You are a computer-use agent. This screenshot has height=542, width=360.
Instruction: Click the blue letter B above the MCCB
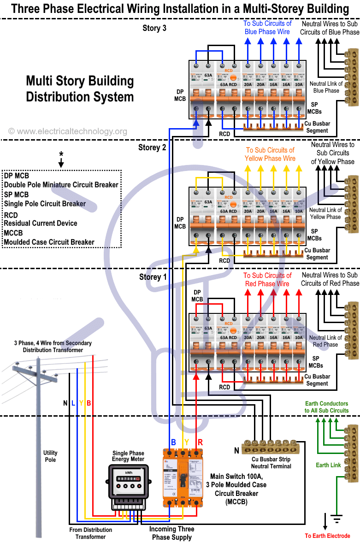[173, 442]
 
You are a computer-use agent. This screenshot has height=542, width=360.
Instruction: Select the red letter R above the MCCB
[200, 442]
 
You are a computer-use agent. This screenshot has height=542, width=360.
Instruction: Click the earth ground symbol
[337, 520]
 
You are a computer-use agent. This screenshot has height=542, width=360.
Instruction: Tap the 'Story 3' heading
[154, 28]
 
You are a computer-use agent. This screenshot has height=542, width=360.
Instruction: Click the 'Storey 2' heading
[152, 147]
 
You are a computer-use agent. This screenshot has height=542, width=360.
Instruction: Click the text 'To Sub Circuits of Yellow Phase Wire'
[270, 154]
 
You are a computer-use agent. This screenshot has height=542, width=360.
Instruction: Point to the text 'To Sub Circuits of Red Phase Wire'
[267, 280]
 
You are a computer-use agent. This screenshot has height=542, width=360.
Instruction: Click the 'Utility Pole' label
[50, 456]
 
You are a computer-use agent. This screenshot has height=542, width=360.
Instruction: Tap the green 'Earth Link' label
[329, 465]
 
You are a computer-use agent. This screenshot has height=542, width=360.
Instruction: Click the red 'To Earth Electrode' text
[327, 536]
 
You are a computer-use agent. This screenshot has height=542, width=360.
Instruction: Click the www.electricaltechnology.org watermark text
[68, 132]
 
